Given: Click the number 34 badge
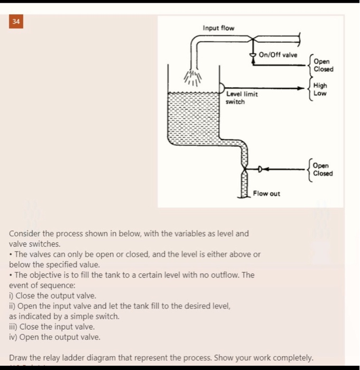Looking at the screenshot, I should (x=16, y=23).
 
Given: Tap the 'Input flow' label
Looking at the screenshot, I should (x=218, y=28).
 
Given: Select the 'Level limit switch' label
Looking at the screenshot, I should (x=242, y=98).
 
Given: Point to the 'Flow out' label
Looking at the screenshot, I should (x=266, y=193).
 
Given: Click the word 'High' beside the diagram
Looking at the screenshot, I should (x=320, y=86).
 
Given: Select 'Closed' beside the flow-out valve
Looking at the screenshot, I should (x=323, y=173).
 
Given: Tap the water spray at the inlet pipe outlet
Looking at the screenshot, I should (x=193, y=78).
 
